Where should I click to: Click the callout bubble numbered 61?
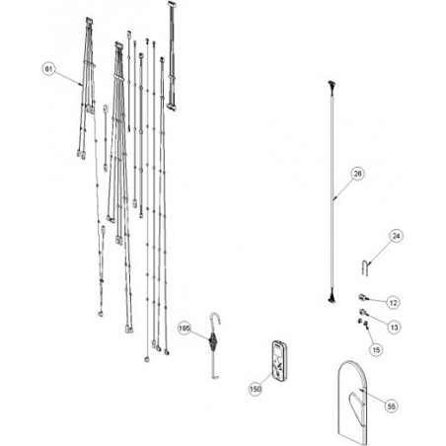click(x=48, y=69)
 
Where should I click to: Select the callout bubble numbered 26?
click(x=357, y=174)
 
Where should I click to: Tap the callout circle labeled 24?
click(x=397, y=236)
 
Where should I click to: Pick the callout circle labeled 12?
click(x=394, y=303)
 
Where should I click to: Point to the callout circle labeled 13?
click(x=394, y=327)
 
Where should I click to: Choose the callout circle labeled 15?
click(x=377, y=350)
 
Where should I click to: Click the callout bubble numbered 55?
click(x=392, y=407)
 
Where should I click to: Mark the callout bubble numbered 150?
click(x=256, y=389)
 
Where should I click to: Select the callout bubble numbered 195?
click(x=185, y=329)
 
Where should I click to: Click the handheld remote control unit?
click(x=279, y=361)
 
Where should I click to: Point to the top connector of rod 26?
click(x=332, y=85)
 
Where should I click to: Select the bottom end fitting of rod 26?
click(x=332, y=298)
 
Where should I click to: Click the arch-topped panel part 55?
click(x=352, y=404)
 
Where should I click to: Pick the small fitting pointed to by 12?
click(x=361, y=298)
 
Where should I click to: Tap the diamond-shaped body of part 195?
click(x=213, y=341)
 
